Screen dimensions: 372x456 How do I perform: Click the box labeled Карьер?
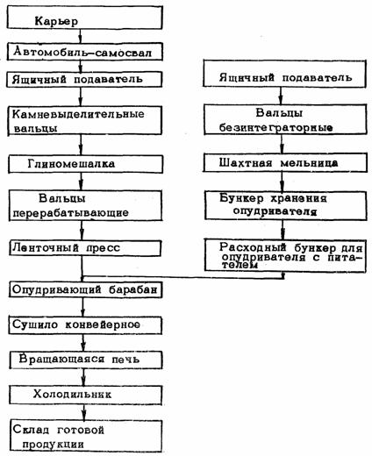[84, 18]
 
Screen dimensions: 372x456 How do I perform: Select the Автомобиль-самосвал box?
[85, 52]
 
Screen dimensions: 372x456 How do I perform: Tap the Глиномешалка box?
[86, 164]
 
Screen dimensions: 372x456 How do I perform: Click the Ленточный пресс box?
[85, 248]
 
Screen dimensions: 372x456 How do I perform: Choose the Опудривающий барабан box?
[86, 289]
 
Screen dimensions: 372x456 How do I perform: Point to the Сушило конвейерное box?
[85, 325]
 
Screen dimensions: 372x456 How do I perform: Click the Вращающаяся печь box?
[86, 360]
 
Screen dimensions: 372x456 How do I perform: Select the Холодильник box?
[86, 395]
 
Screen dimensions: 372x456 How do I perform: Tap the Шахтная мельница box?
[285, 163]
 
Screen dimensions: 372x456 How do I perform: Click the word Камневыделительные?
[78, 114]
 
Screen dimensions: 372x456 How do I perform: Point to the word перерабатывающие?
[70, 213]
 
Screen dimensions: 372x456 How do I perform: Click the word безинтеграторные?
[275, 128]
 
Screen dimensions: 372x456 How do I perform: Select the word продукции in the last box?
[53, 445]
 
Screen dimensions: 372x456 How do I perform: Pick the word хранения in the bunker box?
[299, 198]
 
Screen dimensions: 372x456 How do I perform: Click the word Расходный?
[253, 247]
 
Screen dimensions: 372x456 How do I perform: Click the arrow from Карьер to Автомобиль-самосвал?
[81, 36]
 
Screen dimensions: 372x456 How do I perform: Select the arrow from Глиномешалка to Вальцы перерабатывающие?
[82, 182]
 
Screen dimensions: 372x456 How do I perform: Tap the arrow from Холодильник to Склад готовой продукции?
[84, 412]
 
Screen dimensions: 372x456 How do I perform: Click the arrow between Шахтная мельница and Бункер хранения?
[283, 182]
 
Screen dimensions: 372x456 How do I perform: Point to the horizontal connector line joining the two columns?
[182, 277]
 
